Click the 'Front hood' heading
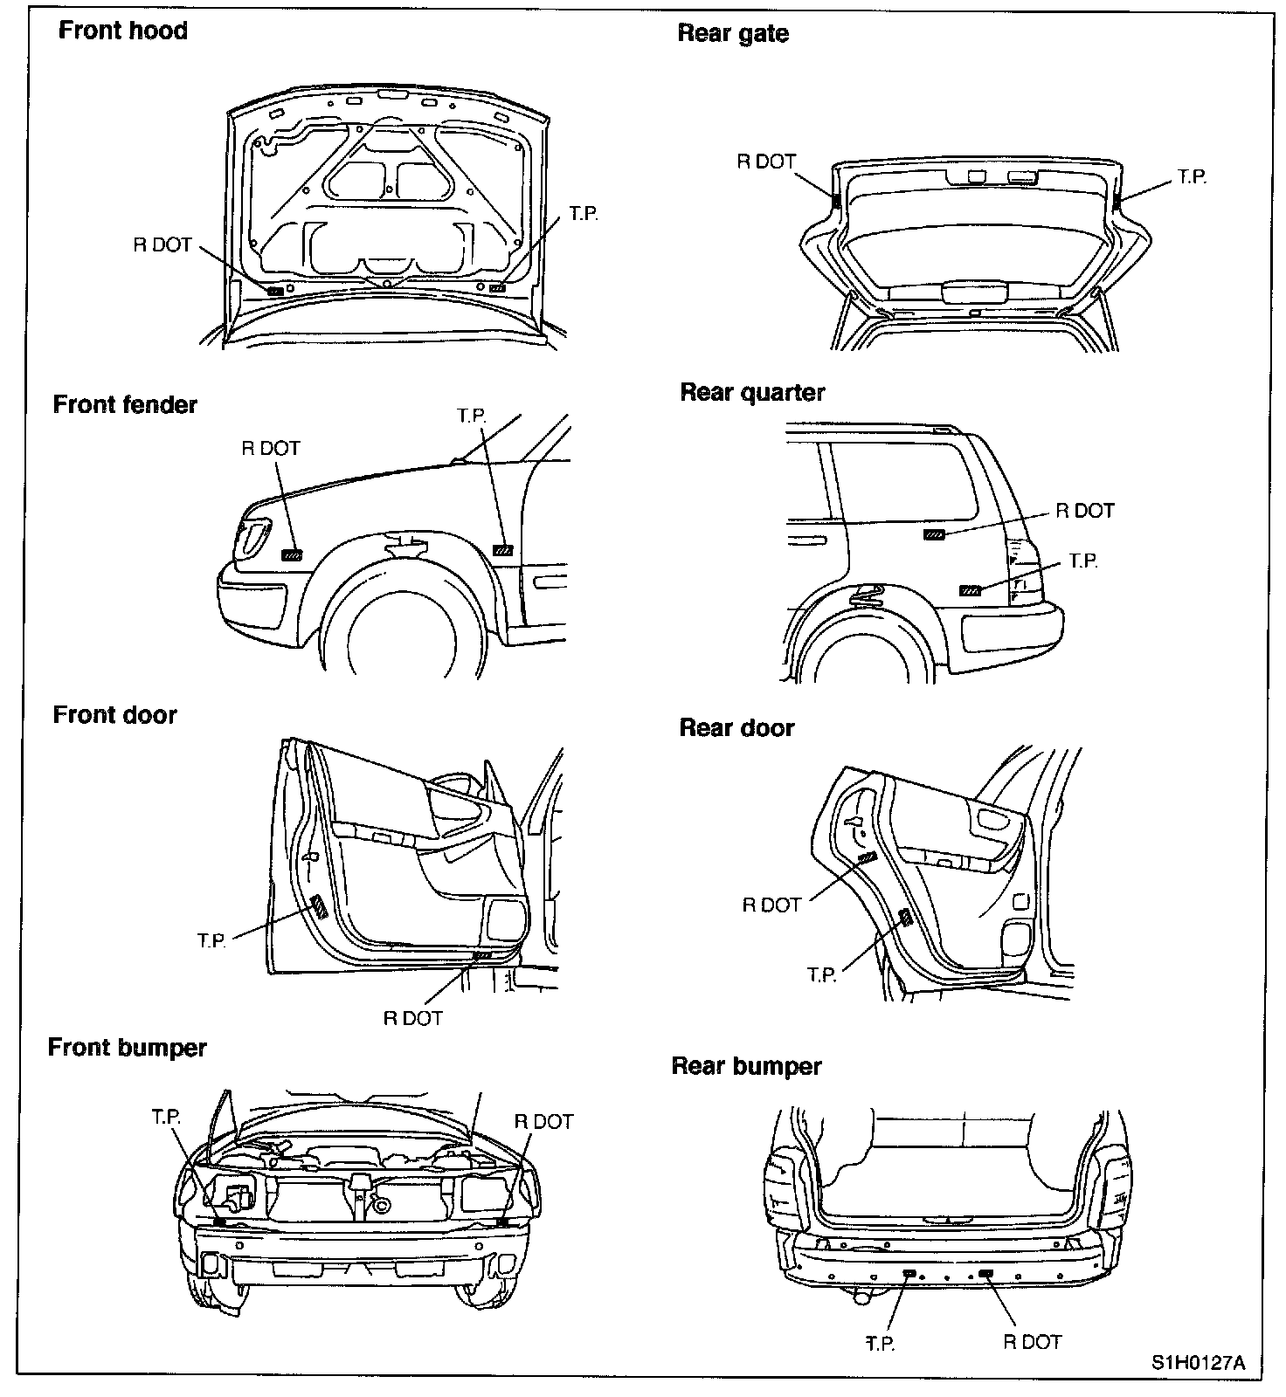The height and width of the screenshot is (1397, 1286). click(x=122, y=31)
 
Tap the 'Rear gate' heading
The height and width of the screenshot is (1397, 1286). click(x=733, y=34)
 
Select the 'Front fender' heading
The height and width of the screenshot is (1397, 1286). click(x=125, y=405)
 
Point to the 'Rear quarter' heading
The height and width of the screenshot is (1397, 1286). click(x=752, y=393)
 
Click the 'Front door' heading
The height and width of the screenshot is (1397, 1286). click(x=114, y=715)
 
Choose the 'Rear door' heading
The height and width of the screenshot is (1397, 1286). click(x=736, y=728)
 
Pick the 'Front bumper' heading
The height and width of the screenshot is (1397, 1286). click(x=127, y=1048)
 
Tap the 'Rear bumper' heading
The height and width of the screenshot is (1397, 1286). click(x=746, y=1067)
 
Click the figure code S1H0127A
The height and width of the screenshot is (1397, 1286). click(x=1197, y=1363)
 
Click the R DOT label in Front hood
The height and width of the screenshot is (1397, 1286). click(x=162, y=245)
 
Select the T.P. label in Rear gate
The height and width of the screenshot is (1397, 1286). click(x=1192, y=177)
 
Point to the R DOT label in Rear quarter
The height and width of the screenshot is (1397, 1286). click(x=1085, y=512)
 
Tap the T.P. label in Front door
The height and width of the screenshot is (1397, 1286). click(x=212, y=940)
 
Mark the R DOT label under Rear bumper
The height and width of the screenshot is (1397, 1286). click(x=1032, y=1342)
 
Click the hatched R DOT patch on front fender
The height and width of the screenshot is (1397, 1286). click(x=292, y=554)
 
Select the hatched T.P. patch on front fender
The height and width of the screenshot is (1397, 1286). click(x=503, y=550)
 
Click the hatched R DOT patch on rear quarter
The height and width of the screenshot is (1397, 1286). click(x=934, y=534)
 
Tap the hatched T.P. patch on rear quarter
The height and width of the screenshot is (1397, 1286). click(x=970, y=591)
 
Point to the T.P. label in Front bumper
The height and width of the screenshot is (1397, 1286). click(x=165, y=1118)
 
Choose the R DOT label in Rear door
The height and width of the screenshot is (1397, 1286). click(x=771, y=905)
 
